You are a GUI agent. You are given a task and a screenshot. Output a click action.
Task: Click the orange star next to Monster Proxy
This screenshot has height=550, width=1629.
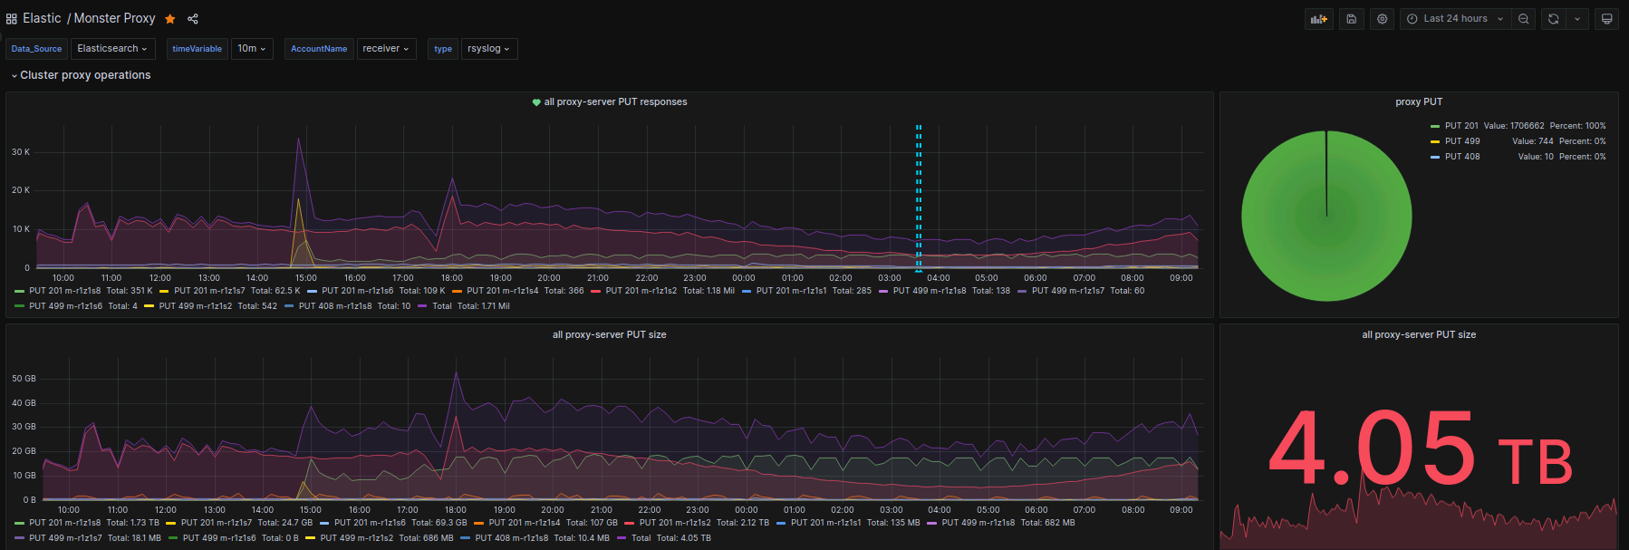170,19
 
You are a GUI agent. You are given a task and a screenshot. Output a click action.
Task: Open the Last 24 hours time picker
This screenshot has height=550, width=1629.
1455,19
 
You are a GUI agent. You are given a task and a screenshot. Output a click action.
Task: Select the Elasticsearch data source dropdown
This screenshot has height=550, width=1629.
112,49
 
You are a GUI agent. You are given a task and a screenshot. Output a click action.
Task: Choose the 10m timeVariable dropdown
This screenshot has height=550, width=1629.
251,49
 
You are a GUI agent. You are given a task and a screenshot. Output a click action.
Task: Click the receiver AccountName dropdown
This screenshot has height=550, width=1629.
386,49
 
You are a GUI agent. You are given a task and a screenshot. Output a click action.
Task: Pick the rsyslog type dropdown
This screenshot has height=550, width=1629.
488,49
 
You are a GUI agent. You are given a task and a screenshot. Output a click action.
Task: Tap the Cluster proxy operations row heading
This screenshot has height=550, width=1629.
85,75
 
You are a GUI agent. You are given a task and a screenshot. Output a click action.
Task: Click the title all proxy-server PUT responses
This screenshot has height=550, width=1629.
615,102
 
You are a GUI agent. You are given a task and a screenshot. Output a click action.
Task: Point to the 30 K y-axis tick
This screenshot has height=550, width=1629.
21,152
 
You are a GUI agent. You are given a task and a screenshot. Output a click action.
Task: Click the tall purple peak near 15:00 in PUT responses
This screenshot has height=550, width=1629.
299,140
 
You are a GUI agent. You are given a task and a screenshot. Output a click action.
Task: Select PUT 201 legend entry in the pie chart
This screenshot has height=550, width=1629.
1460,126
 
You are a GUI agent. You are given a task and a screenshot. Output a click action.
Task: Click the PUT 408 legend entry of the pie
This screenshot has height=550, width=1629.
1461,157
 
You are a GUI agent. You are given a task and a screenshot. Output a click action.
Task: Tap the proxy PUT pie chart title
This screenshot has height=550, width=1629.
1419,102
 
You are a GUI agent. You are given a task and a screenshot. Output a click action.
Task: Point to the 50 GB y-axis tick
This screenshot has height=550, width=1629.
24,379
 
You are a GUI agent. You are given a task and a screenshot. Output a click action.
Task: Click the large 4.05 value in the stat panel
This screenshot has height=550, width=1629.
1373,449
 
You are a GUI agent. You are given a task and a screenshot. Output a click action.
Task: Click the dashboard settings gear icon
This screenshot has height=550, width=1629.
1382,19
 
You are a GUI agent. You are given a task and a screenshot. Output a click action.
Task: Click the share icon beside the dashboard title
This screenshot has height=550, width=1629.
193,19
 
